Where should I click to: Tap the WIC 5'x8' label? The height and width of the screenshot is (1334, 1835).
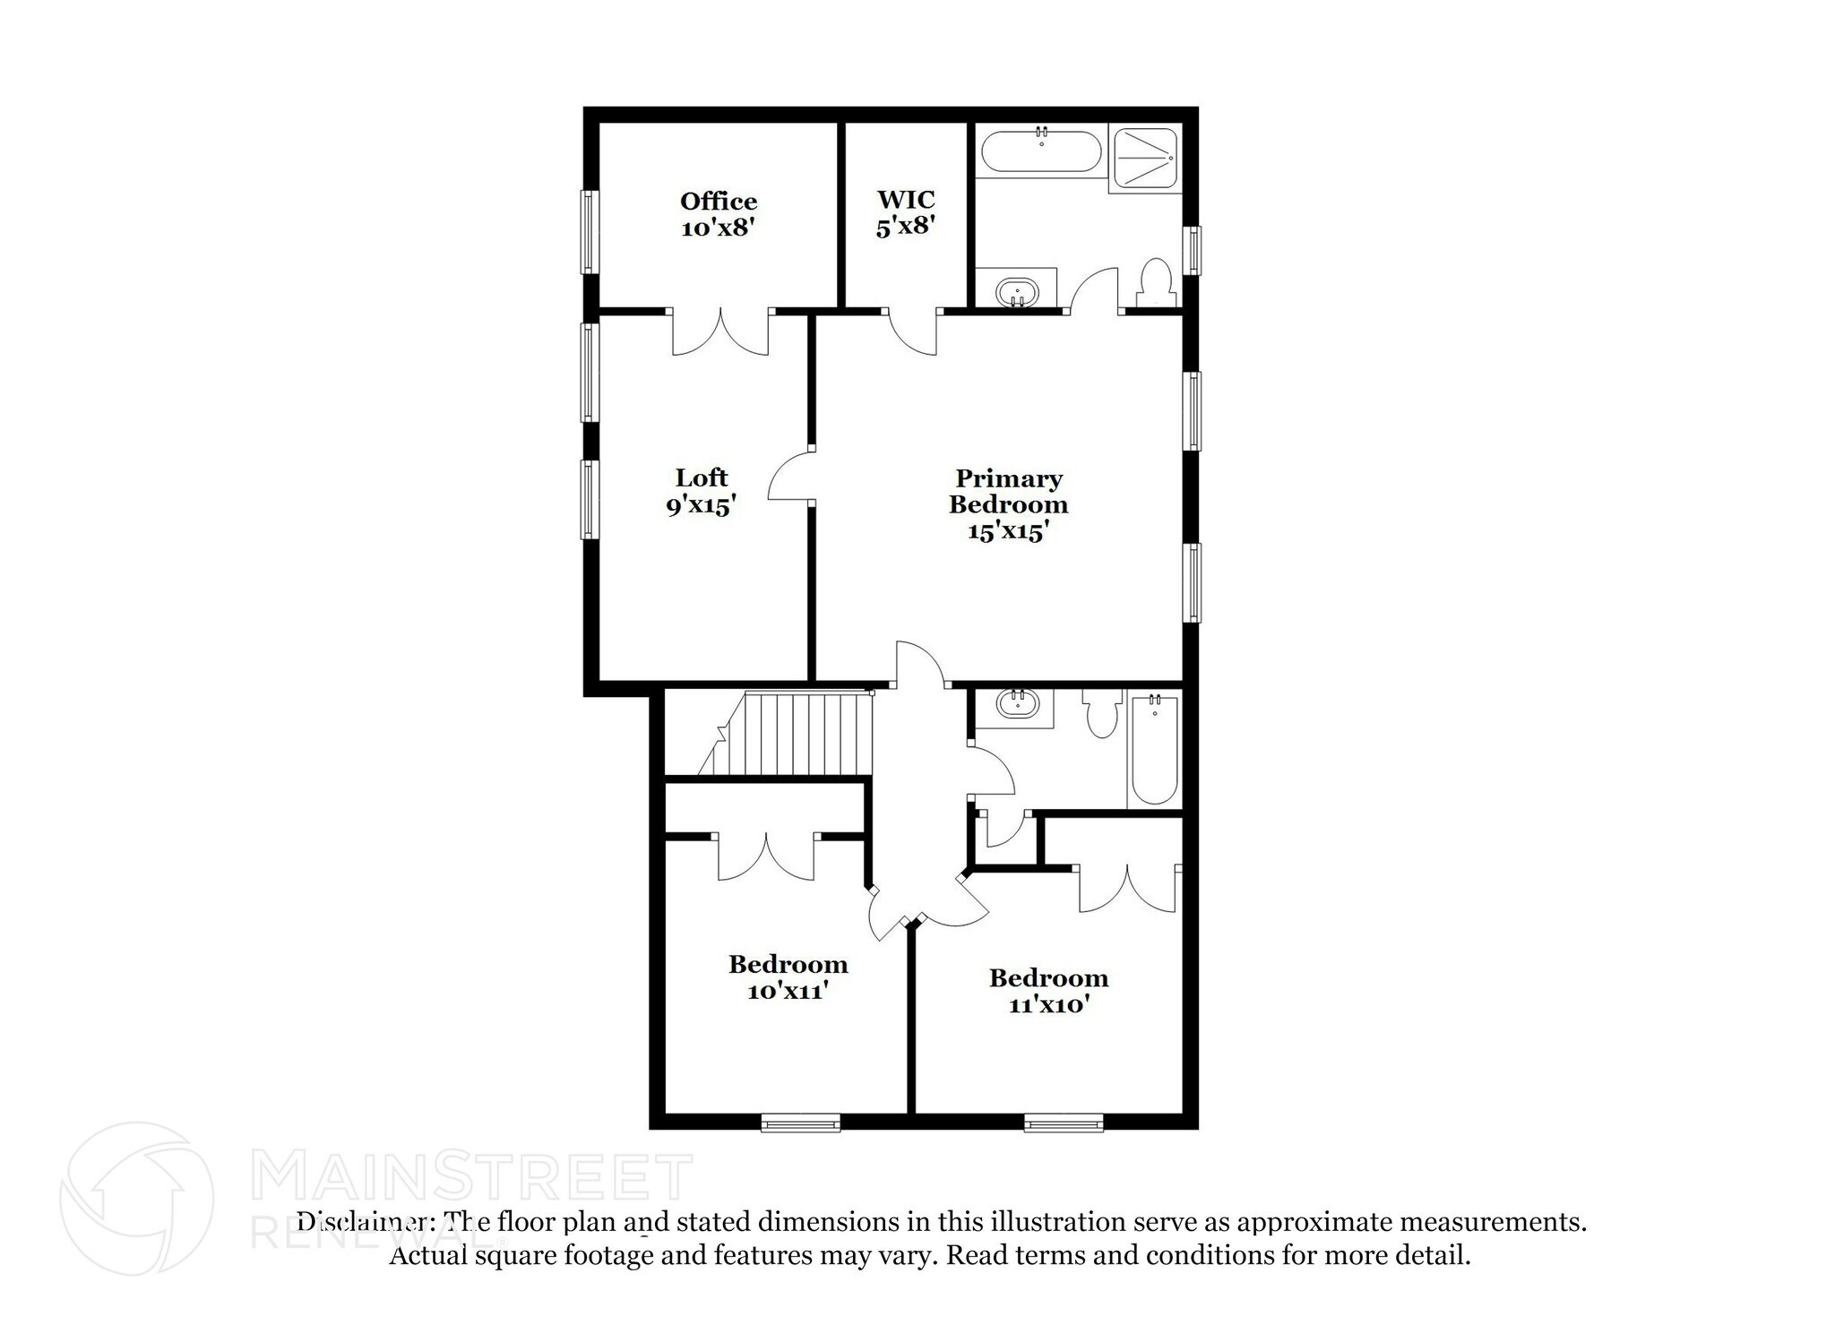tap(906, 212)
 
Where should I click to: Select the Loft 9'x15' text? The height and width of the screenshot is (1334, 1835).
tap(701, 491)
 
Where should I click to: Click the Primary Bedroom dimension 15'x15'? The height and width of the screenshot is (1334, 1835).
tap(1008, 531)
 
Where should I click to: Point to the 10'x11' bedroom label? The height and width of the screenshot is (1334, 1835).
tap(788, 977)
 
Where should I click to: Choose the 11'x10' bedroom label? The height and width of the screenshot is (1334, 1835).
tap(1048, 991)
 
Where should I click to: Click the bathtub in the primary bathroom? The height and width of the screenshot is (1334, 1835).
tap(1041, 151)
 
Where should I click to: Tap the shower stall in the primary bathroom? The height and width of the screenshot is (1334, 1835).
tap(1144, 158)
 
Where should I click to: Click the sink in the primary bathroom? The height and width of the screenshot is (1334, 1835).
tap(1017, 292)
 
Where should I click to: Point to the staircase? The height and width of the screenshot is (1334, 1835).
tap(788, 734)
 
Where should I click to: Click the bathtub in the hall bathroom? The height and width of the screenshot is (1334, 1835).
tap(1154, 751)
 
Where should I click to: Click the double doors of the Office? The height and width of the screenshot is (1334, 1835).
tap(719, 332)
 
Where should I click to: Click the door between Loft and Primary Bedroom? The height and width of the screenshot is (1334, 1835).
tap(790, 476)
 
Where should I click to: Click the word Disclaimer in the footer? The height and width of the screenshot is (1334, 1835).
tap(362, 1222)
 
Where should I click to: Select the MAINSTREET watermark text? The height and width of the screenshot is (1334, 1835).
tap(472, 1177)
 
